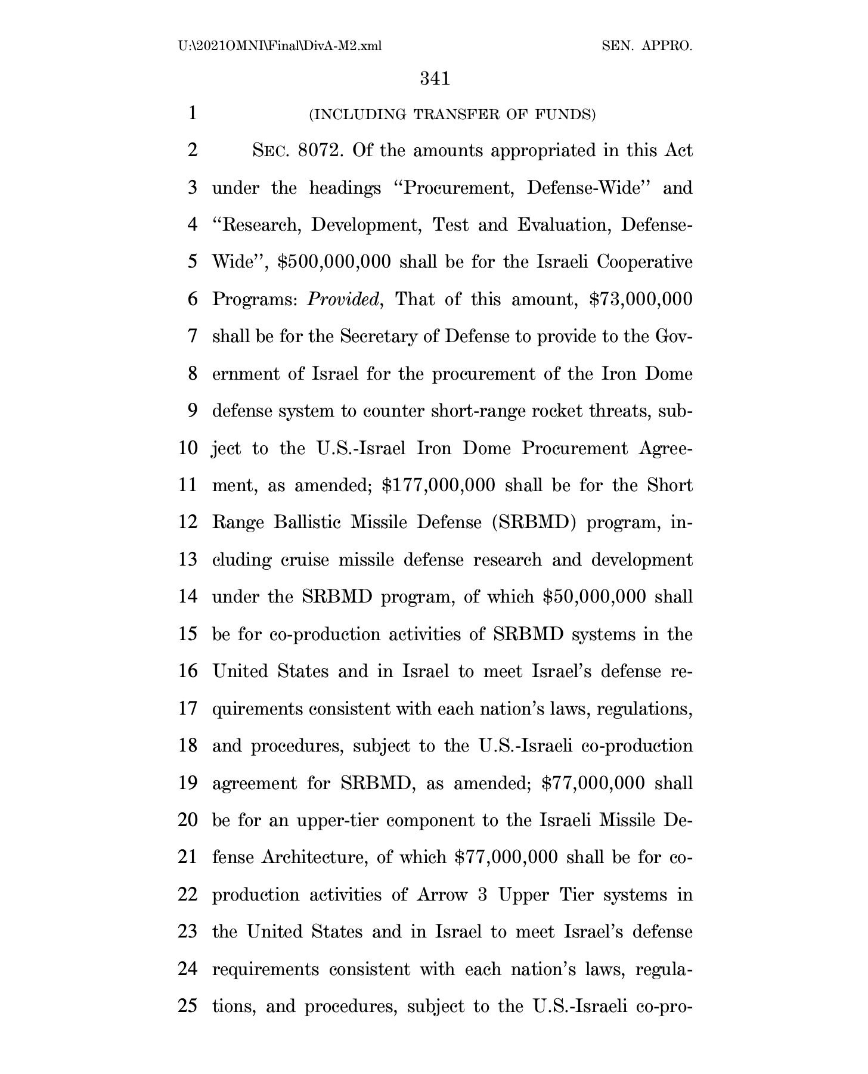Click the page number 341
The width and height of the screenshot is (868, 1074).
click(x=434, y=79)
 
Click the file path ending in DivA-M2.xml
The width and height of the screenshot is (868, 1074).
click(x=279, y=46)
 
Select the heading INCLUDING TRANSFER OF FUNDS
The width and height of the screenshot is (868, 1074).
click(x=452, y=114)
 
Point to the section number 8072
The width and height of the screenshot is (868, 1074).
click(x=320, y=151)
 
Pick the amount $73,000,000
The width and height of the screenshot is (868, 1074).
click(x=640, y=299)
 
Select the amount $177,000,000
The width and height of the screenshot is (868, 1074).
click(x=438, y=485)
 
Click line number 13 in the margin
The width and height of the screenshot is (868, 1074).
click(x=188, y=560)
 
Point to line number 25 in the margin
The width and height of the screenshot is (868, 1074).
click(x=188, y=1006)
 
